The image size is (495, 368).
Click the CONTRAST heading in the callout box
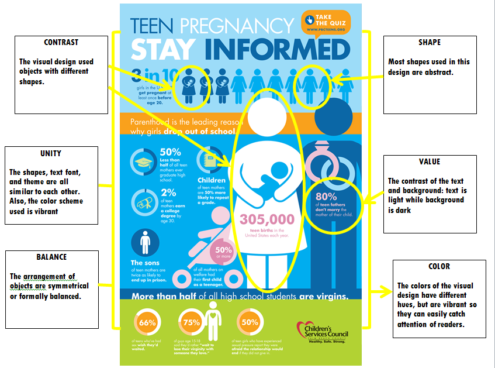[61, 42]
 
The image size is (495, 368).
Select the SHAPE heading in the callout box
[429, 42]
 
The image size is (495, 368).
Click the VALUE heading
[429, 161]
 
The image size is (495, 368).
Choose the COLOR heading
[439, 266]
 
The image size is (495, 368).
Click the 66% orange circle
[147, 322]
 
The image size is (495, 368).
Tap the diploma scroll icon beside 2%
[142, 200]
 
